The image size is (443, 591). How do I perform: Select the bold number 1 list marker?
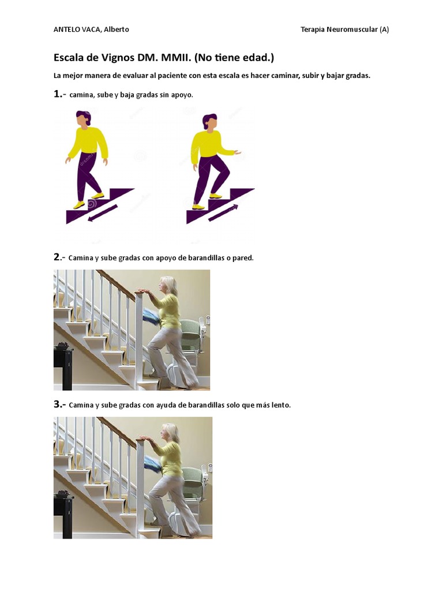click(58, 94)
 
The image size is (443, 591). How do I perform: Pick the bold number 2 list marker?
click(57, 257)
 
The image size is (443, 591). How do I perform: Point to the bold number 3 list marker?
click(58, 404)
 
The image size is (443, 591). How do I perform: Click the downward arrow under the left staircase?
click(103, 213)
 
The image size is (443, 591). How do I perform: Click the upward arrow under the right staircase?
click(223, 212)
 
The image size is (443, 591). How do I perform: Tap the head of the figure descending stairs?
click(84, 118)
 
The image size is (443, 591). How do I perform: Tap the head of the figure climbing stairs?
click(209, 121)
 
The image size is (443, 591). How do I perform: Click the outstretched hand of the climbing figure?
click(237, 152)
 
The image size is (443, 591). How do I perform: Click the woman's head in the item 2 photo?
click(168, 286)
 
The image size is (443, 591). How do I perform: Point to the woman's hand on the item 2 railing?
click(144, 291)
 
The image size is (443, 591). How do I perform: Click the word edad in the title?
click(256, 58)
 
